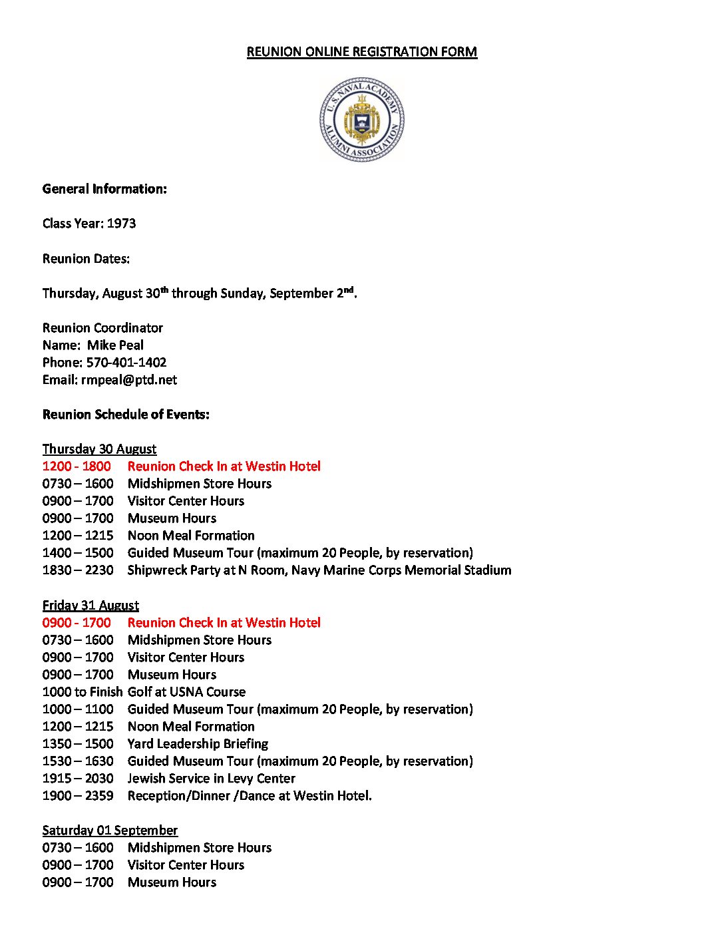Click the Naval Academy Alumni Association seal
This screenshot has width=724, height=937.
click(361, 120)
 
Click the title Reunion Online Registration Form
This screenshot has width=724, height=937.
click(361, 52)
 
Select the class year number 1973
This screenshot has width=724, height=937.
click(121, 224)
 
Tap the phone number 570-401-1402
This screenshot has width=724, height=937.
click(126, 363)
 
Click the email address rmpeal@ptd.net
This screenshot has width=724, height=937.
click(129, 380)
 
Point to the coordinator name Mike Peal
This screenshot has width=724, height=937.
click(115, 345)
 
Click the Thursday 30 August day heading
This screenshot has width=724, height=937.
click(99, 449)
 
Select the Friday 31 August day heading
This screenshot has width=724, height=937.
click(90, 606)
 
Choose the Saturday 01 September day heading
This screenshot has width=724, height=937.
click(110, 831)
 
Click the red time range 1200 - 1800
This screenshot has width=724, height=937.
click(77, 467)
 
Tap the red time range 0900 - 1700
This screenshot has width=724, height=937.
click(77, 623)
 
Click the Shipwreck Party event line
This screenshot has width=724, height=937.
click(319, 570)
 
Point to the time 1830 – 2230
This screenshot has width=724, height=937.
click(78, 570)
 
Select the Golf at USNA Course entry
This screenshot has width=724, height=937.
click(186, 692)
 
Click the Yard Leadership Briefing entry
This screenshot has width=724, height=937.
click(198, 744)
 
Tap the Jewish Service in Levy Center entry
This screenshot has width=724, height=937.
click(212, 779)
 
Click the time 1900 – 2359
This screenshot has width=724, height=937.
click(78, 796)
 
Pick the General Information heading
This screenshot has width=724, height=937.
click(104, 189)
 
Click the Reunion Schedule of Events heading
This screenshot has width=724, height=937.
click(126, 415)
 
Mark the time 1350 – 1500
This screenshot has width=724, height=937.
click(78, 744)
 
